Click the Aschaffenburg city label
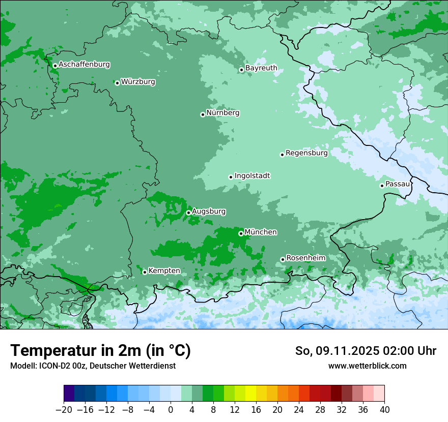[x=84, y=65]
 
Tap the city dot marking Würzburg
[x=117, y=83]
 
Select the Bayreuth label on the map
[x=261, y=68]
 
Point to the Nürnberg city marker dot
[x=203, y=114]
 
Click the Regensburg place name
[x=306, y=153]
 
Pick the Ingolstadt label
[x=252, y=176]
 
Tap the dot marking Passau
[x=382, y=186]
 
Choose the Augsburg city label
[x=209, y=211]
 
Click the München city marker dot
[x=241, y=234]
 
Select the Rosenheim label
[x=305, y=258]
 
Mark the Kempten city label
[x=164, y=270]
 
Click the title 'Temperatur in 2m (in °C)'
[x=100, y=351]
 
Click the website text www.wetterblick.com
[x=367, y=366]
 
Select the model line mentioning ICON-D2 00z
[x=93, y=366]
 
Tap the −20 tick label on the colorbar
[x=64, y=410]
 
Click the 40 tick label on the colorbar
[x=384, y=410]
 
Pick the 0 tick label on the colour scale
[x=171, y=410]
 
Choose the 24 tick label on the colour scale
[x=299, y=410]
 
